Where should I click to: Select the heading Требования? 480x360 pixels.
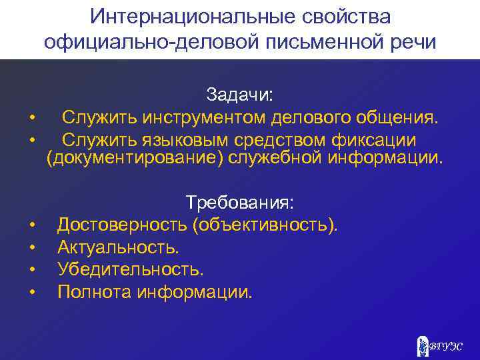(x=239, y=201)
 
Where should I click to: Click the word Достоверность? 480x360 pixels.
(x=123, y=224)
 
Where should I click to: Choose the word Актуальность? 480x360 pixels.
(x=118, y=247)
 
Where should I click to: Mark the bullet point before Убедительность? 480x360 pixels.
(x=32, y=269)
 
